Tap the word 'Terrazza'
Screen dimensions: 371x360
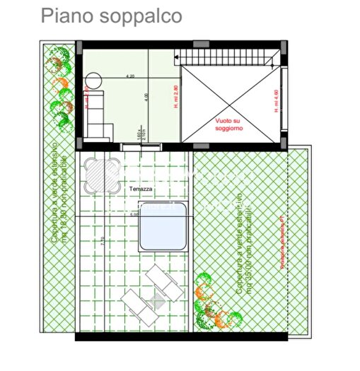click(x=141, y=189)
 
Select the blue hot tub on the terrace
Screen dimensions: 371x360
click(x=164, y=226)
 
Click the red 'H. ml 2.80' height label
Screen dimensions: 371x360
click(x=177, y=95)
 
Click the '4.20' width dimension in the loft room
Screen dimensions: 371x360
click(x=131, y=76)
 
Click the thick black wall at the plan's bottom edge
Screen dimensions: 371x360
click(x=183, y=337)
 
